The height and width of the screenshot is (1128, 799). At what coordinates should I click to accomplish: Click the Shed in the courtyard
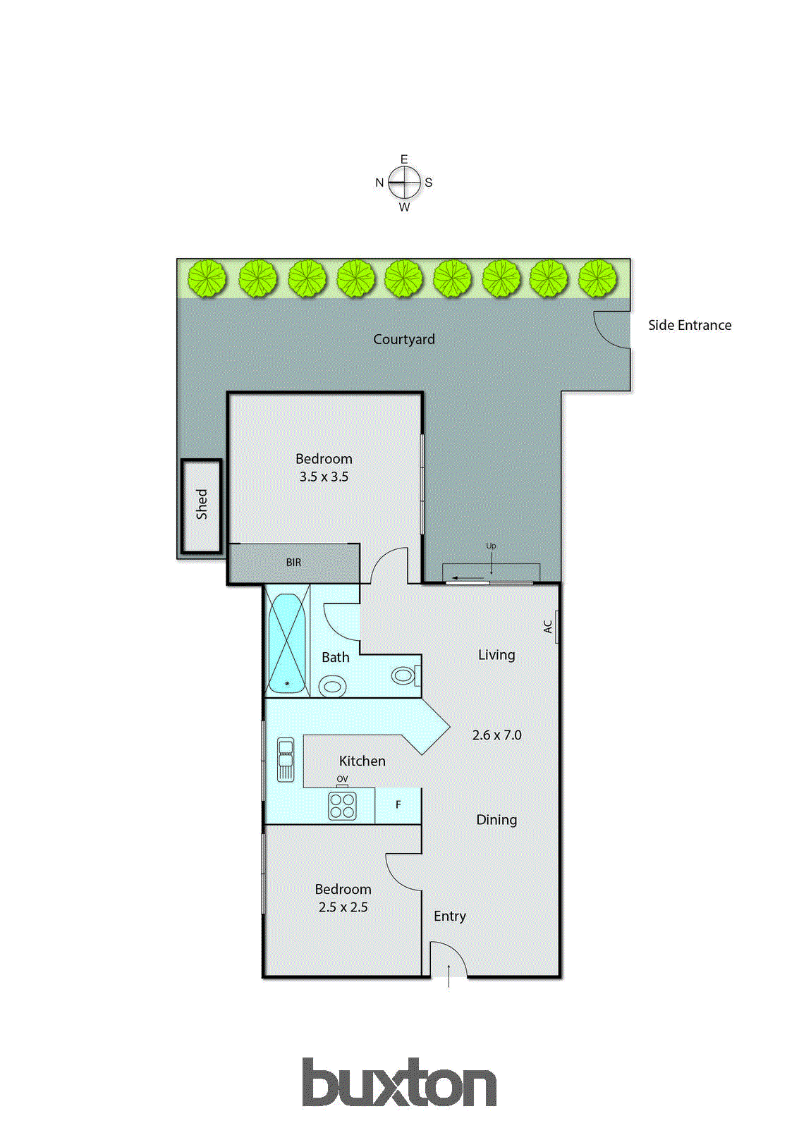[x=202, y=505]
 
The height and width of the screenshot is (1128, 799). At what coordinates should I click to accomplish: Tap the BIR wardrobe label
[x=293, y=563]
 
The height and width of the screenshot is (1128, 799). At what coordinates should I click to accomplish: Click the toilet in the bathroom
[x=404, y=676]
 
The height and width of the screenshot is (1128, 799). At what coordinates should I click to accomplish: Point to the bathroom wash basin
[x=332, y=685]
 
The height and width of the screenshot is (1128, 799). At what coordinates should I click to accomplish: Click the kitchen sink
[x=285, y=759]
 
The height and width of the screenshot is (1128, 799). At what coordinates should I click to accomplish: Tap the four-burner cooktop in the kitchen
[x=342, y=805]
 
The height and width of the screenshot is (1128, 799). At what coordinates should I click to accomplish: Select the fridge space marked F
[x=398, y=805]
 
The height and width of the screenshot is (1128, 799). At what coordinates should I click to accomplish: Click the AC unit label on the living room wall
[x=548, y=627]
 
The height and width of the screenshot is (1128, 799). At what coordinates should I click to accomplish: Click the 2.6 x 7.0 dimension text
[x=496, y=735]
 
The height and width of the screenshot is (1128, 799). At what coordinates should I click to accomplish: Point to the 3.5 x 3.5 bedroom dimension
[x=324, y=477]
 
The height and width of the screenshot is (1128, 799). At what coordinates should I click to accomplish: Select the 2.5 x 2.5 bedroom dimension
[x=343, y=907]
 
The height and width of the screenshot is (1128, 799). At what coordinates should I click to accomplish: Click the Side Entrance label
[x=689, y=325]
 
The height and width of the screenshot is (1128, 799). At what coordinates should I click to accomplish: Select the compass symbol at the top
[x=404, y=183]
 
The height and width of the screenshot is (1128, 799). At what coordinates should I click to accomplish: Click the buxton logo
[x=399, y=1083]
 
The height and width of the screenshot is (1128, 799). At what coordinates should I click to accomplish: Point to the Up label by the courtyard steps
[x=491, y=546]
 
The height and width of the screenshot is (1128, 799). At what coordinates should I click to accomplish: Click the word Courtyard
[x=403, y=339]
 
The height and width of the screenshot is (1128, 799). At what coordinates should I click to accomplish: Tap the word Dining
[x=496, y=820]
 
